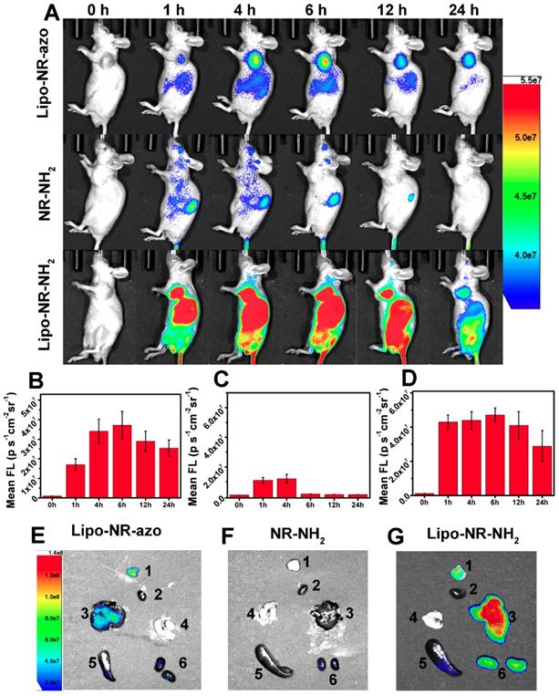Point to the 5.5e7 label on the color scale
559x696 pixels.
[x=533, y=80]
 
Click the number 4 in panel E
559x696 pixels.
[x=185, y=624]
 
